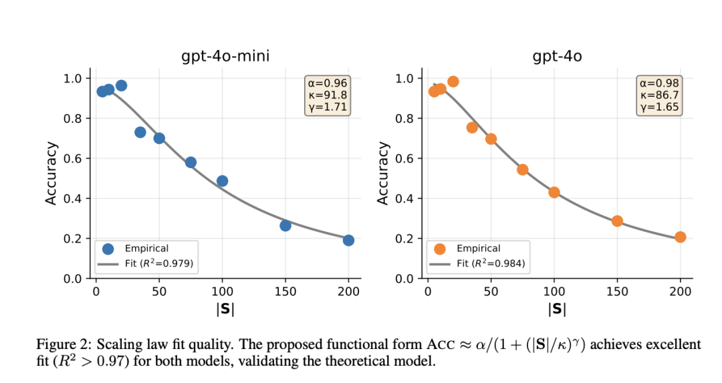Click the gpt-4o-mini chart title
tap(225, 56)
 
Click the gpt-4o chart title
tap(557, 56)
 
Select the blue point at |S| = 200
tap(348, 240)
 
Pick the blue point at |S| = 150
tap(285, 226)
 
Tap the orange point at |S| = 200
tap(680, 237)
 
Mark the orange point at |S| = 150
tap(617, 221)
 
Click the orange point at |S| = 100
tap(554, 192)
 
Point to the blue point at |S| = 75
tap(191, 162)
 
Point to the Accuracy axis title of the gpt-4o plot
tap(382, 173)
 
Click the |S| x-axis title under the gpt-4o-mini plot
tap(225, 309)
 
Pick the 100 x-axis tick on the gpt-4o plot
tap(554, 291)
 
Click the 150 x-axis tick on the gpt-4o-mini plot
tap(285, 291)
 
